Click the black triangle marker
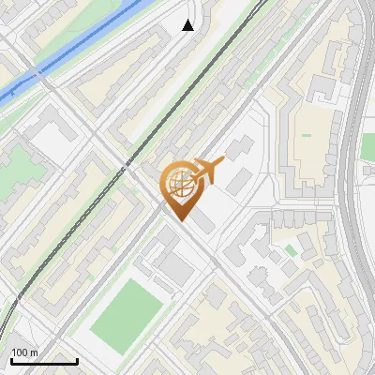(188, 25)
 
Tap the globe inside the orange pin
(179, 184)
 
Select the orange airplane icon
(207, 170)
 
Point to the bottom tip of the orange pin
(180, 220)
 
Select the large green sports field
(127, 309)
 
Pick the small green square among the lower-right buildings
(291, 250)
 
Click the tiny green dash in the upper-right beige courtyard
(306, 136)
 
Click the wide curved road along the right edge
(352, 187)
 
